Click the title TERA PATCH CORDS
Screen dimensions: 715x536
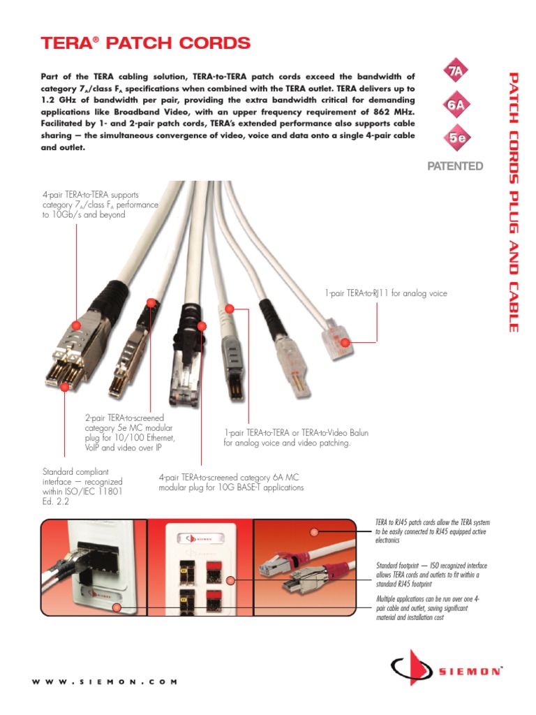tap(146, 43)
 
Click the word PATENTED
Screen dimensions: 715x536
tap(455, 165)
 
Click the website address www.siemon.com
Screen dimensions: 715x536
tap(105, 681)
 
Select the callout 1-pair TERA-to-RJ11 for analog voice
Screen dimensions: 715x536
tap(385, 293)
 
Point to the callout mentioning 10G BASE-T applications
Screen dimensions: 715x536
tap(231, 482)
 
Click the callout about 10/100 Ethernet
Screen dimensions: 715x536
tap(130, 433)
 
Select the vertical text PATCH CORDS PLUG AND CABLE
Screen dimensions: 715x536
tap(513, 202)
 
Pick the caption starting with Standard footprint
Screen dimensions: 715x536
tap(431, 574)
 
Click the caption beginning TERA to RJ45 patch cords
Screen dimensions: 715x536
tap(433, 531)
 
